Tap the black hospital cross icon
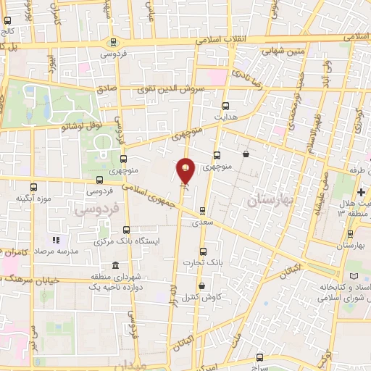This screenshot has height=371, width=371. [360, 192]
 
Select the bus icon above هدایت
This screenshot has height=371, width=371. [225, 105]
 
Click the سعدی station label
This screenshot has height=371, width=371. [202, 224]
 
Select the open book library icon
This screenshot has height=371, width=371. [354, 277]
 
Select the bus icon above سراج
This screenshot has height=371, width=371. [260, 357]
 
